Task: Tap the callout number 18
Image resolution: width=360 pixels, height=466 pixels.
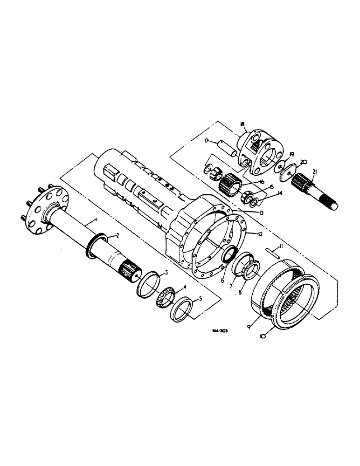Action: (242, 124)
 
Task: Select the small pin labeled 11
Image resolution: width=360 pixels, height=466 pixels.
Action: (274, 254)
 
